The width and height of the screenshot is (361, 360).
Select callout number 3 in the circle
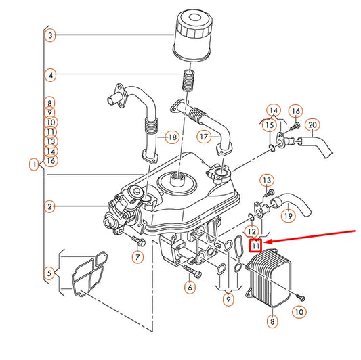pos(50,35)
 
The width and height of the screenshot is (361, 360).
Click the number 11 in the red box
pos(256,246)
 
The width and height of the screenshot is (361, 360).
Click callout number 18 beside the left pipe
pos(171,137)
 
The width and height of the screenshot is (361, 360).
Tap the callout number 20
pos(312,126)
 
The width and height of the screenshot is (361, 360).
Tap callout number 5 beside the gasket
pos(49,273)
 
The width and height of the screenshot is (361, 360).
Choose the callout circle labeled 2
pos(50,206)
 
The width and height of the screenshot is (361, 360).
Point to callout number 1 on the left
pos(34,164)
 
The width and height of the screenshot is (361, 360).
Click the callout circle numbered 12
pos(251,231)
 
